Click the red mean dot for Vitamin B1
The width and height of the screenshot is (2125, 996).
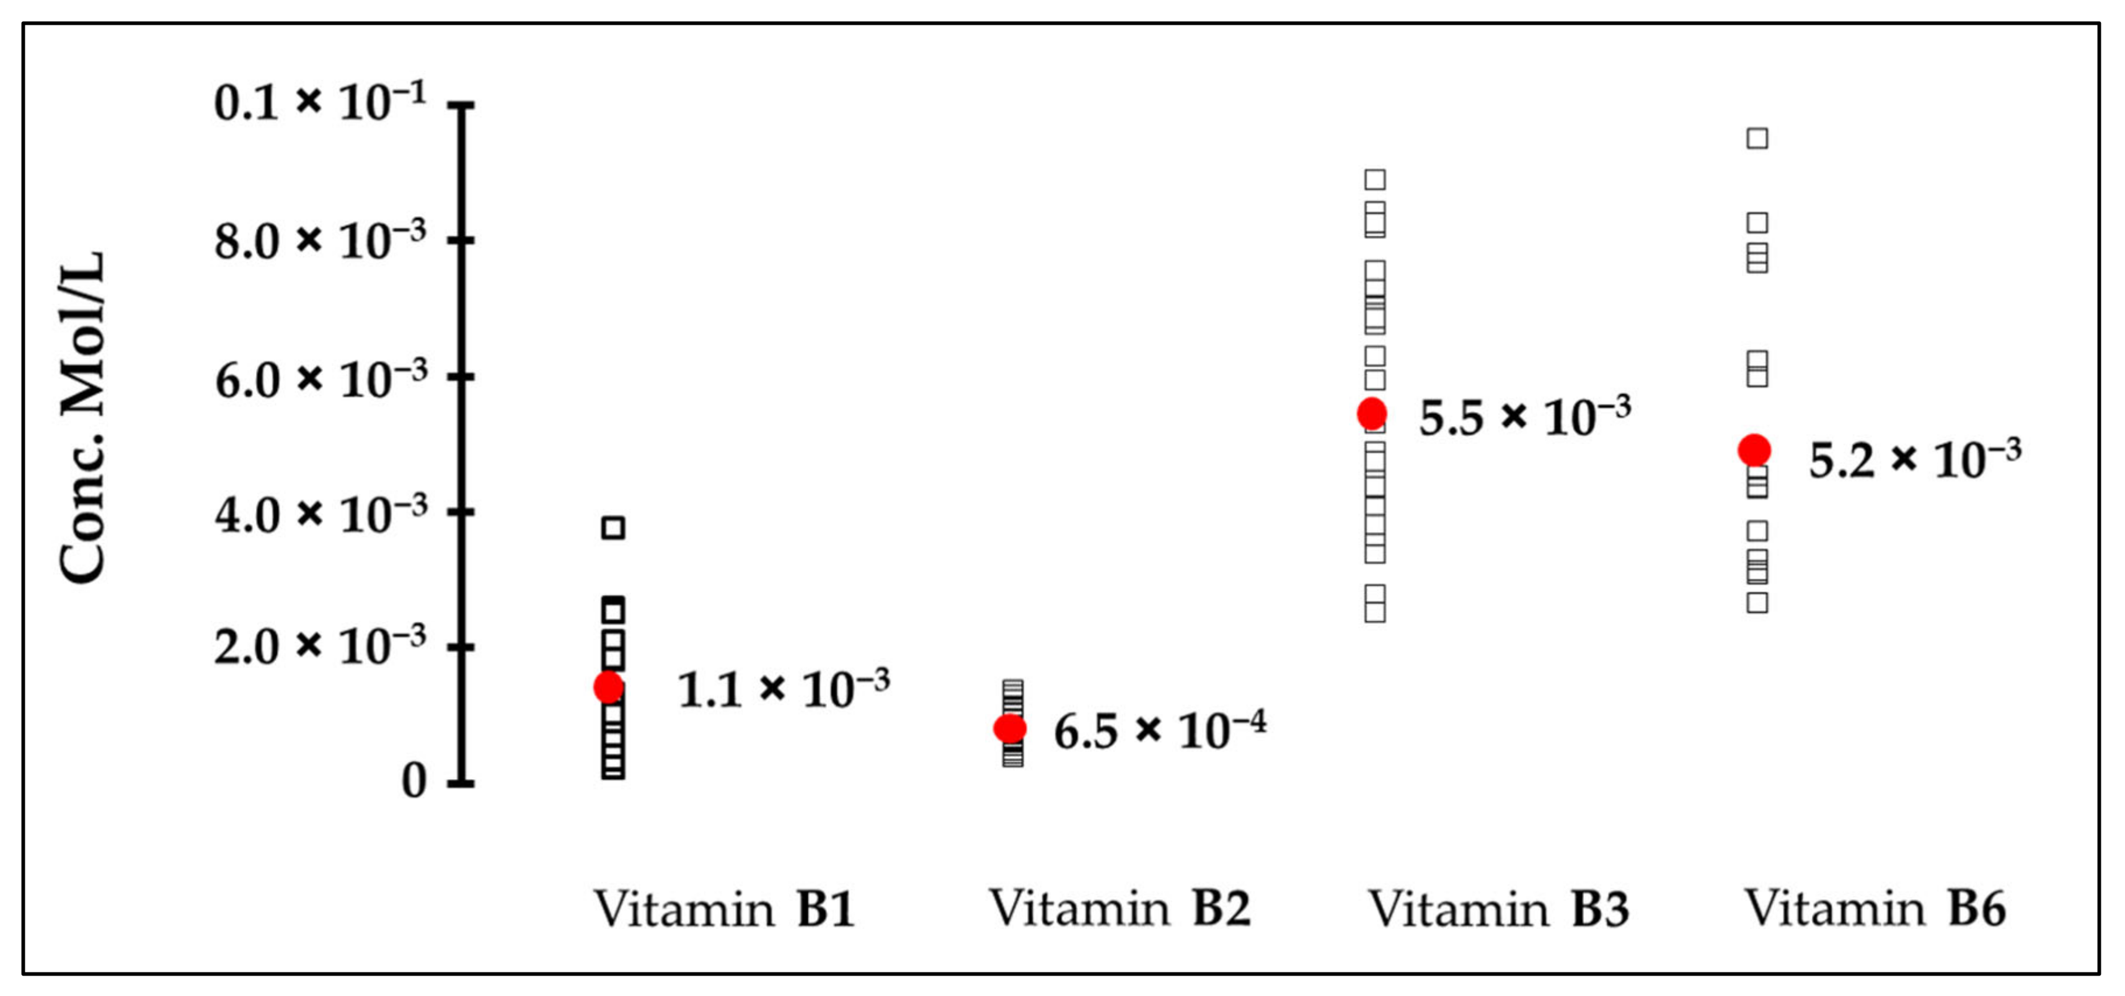pyautogui.click(x=609, y=686)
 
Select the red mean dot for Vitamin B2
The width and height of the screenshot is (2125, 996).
pyautogui.click(x=1010, y=728)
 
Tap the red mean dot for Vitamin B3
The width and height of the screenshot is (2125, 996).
pyautogui.click(x=1372, y=413)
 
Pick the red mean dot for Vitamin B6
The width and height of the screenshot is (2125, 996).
pyautogui.click(x=1754, y=450)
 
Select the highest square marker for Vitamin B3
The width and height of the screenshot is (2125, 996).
pyautogui.click(x=1375, y=180)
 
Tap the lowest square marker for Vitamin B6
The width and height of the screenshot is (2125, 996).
pyautogui.click(x=1757, y=603)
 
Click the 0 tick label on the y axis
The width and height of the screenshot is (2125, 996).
pyautogui.click(x=413, y=781)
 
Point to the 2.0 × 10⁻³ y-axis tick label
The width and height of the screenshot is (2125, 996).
pyautogui.click(x=320, y=645)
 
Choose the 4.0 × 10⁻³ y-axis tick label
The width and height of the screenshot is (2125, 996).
pyautogui.click(x=320, y=513)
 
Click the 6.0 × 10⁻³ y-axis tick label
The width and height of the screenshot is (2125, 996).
pyautogui.click(x=320, y=379)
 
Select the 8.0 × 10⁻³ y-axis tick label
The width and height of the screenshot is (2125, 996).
pyautogui.click(x=320, y=242)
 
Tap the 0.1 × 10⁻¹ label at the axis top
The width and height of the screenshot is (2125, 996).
pyautogui.click(x=320, y=103)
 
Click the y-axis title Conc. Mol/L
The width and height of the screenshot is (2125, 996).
pyautogui.click(x=82, y=416)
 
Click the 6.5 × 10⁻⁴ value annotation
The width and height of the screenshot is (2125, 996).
pyautogui.click(x=1159, y=730)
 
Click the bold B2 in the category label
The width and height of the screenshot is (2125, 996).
pyautogui.click(x=1221, y=909)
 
